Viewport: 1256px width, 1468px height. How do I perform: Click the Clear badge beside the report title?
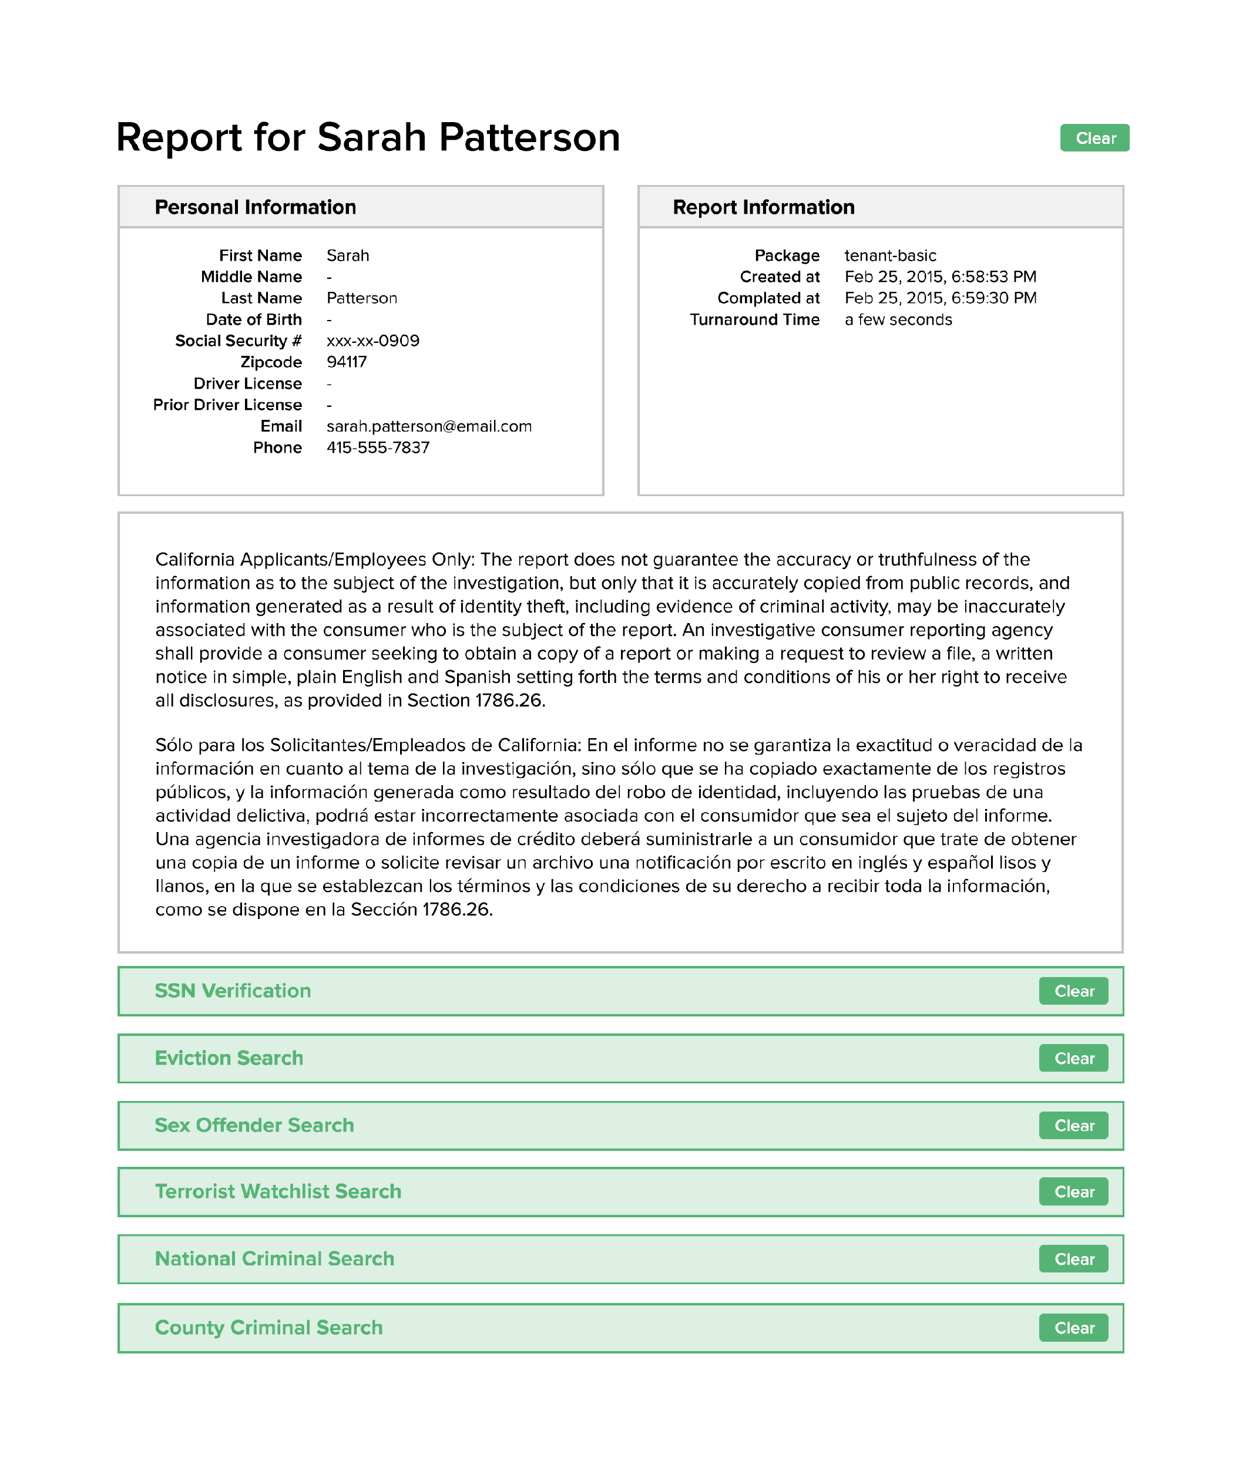click(1094, 138)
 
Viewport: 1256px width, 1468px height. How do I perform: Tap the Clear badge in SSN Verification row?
click(1073, 991)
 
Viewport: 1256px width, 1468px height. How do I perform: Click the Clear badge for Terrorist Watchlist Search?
click(1073, 1191)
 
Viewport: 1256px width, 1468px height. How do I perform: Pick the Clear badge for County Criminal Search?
click(1073, 1327)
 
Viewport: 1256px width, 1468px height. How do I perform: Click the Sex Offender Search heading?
click(254, 1125)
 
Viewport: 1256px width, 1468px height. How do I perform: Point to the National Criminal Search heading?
click(274, 1258)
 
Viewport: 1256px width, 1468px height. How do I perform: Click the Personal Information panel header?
click(255, 207)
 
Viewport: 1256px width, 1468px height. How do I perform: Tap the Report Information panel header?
click(763, 207)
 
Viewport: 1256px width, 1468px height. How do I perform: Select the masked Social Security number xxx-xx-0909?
click(373, 341)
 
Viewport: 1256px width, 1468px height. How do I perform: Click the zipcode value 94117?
click(347, 362)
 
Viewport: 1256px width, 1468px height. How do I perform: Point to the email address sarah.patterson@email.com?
click(429, 426)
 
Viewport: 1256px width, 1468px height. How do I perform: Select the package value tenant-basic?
click(889, 255)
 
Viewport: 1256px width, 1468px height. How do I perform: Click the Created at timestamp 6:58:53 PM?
click(940, 277)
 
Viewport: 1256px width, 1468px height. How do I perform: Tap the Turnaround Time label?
click(754, 319)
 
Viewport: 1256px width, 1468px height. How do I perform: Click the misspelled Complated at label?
click(768, 298)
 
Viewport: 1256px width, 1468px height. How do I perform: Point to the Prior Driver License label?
click(227, 405)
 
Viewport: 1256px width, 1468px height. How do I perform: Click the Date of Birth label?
click(253, 319)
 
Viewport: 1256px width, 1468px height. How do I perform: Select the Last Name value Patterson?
click(361, 298)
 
